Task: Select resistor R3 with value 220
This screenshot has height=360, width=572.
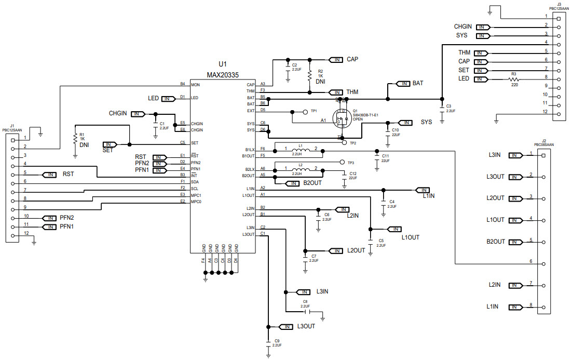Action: [x=514, y=79]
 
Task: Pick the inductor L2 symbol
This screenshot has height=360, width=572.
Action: [x=301, y=169]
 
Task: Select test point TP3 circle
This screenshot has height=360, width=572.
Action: [x=342, y=162]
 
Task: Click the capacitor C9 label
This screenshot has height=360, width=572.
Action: [x=277, y=340]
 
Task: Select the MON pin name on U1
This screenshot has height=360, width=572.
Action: [x=195, y=84]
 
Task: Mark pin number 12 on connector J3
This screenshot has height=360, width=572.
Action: [x=545, y=111]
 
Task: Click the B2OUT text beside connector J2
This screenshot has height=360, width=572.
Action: [x=496, y=242]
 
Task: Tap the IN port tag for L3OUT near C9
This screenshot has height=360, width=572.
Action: [x=286, y=327]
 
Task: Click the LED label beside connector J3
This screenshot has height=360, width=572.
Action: [x=464, y=79]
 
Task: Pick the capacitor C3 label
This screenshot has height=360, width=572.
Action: [x=448, y=106]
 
